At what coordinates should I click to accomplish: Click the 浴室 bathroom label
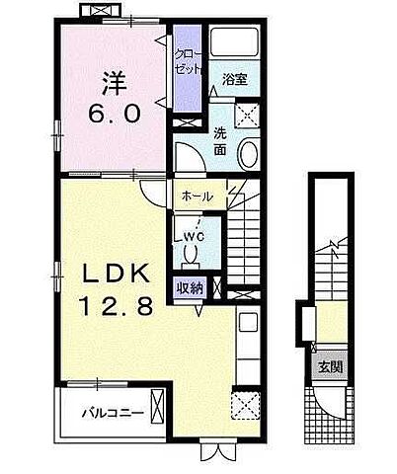point(233,79)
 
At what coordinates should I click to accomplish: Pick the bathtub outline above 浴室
point(233,41)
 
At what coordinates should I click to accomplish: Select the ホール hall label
point(198,197)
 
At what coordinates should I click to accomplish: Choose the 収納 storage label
point(191,288)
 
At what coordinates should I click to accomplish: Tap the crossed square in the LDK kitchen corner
point(243,405)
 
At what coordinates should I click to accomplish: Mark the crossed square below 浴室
point(249,116)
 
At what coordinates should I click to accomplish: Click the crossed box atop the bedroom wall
point(102,11)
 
